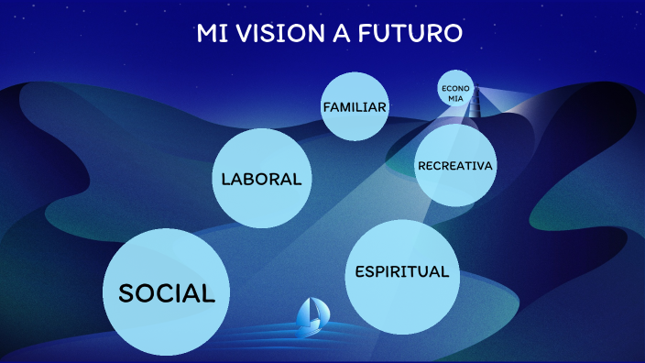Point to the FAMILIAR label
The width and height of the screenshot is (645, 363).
tap(355, 107)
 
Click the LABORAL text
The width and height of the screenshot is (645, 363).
tap(261, 179)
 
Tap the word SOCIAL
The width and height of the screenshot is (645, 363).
tap(167, 293)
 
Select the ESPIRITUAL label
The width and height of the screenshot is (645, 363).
tap(401, 272)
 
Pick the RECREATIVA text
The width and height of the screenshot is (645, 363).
tap(455, 166)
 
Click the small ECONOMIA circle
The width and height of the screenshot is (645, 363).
tap(455, 92)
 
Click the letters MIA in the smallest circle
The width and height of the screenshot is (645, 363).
tap(455, 97)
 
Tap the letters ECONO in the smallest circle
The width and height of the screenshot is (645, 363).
tap(455, 88)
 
